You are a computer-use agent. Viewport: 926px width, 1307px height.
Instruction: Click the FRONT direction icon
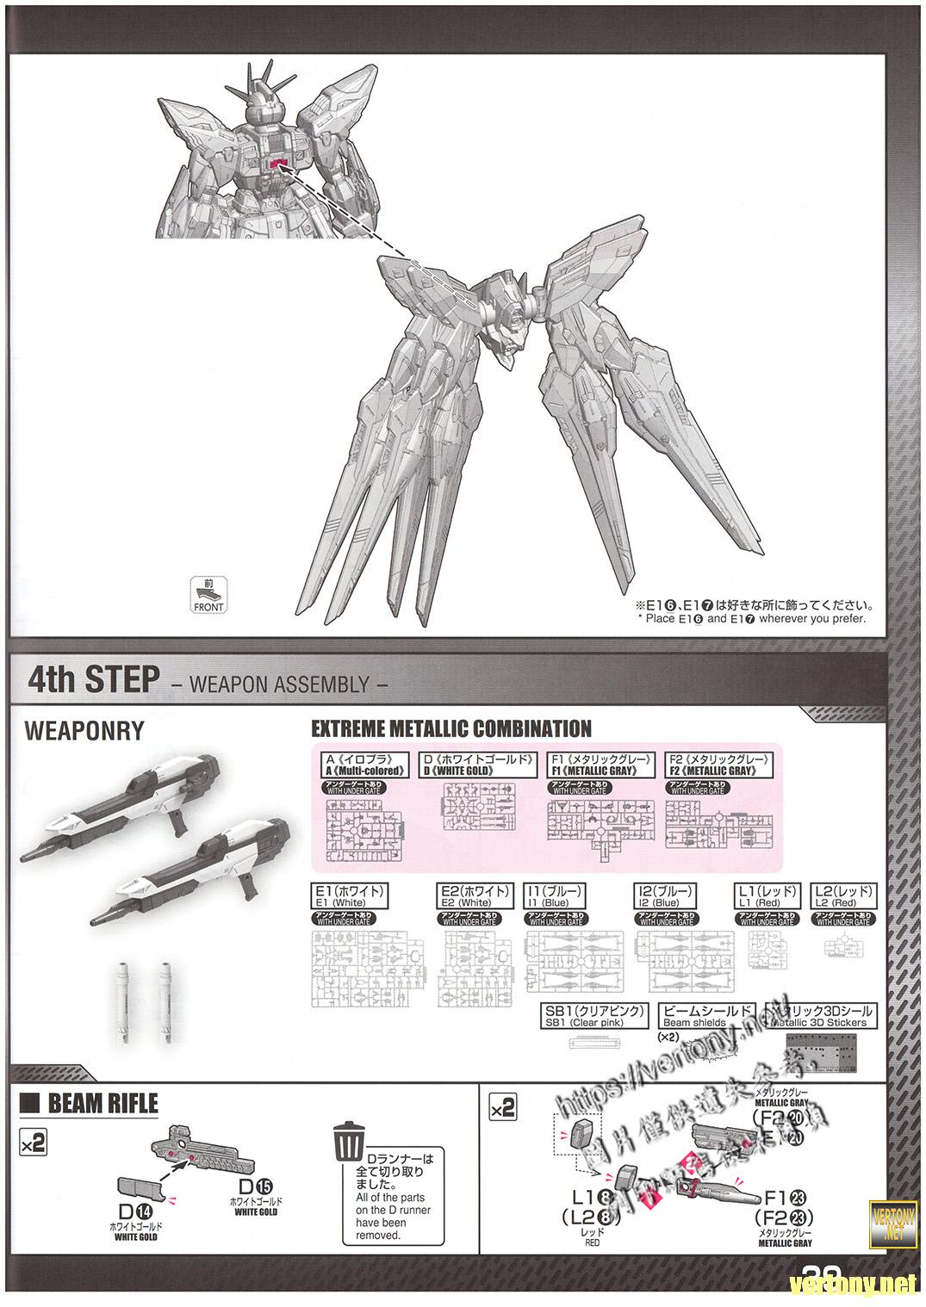[208, 595]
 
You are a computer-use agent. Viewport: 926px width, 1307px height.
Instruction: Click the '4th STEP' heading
[94, 679]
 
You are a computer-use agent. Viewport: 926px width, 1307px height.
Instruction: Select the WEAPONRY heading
[84, 730]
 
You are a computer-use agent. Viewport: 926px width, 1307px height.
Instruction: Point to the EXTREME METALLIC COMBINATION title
[451, 729]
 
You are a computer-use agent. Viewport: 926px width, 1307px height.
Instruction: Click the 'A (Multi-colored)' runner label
[363, 765]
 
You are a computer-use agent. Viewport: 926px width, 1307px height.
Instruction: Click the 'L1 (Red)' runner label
[768, 895]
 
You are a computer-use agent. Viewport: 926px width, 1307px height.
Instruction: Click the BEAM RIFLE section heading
[103, 1105]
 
